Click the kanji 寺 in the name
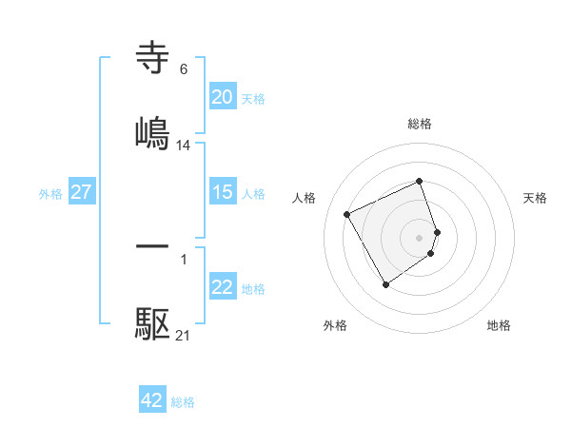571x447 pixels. [152, 59]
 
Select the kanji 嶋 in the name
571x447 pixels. [152, 133]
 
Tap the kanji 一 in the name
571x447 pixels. [152, 246]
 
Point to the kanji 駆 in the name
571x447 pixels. [152, 324]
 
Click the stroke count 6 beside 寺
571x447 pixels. [183, 69]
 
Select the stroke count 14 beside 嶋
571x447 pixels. [184, 146]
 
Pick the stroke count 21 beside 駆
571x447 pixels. [184, 335]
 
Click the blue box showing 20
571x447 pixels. [222, 97]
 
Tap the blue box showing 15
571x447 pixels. [222, 192]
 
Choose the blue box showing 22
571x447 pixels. [222, 287]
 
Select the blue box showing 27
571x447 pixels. [82, 192]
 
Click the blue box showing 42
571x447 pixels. [152, 400]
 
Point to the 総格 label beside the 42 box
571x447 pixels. [183, 402]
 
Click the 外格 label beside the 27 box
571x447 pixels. [50, 194]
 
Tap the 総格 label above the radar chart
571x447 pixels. [420, 124]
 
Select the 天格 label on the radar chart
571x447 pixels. [535, 198]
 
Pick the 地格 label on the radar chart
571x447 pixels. [499, 325]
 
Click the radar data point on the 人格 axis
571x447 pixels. [348, 213]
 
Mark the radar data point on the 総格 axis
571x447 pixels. [420, 182]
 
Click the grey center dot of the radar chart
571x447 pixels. [420, 237]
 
